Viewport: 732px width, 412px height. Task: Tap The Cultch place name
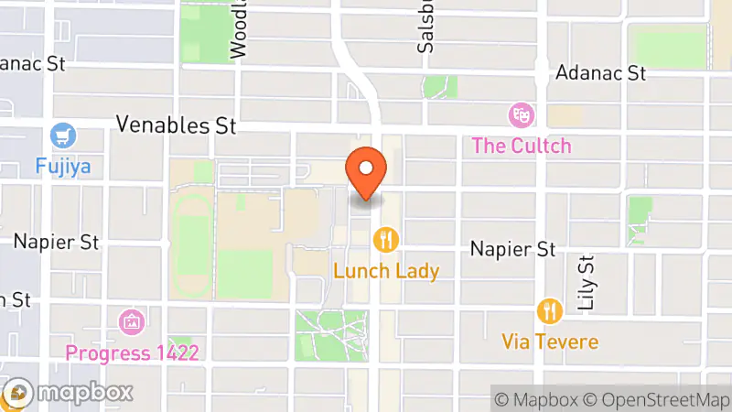click(522, 145)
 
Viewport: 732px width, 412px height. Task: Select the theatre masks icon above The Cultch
click(522, 115)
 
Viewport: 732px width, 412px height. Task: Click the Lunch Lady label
click(386, 270)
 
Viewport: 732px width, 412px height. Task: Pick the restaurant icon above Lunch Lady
click(386, 240)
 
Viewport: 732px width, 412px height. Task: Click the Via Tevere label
click(550, 342)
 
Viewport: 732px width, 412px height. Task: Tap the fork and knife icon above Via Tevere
click(550, 311)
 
